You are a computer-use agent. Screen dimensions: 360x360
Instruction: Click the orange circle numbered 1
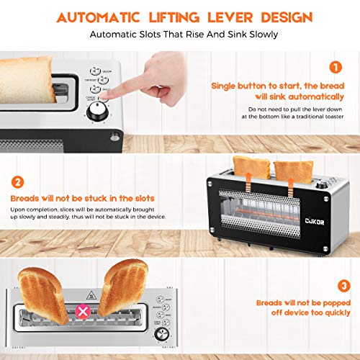pyautogui.click(x=334, y=68)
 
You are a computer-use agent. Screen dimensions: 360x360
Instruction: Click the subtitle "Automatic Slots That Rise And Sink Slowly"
pyautogui.click(x=180, y=34)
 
